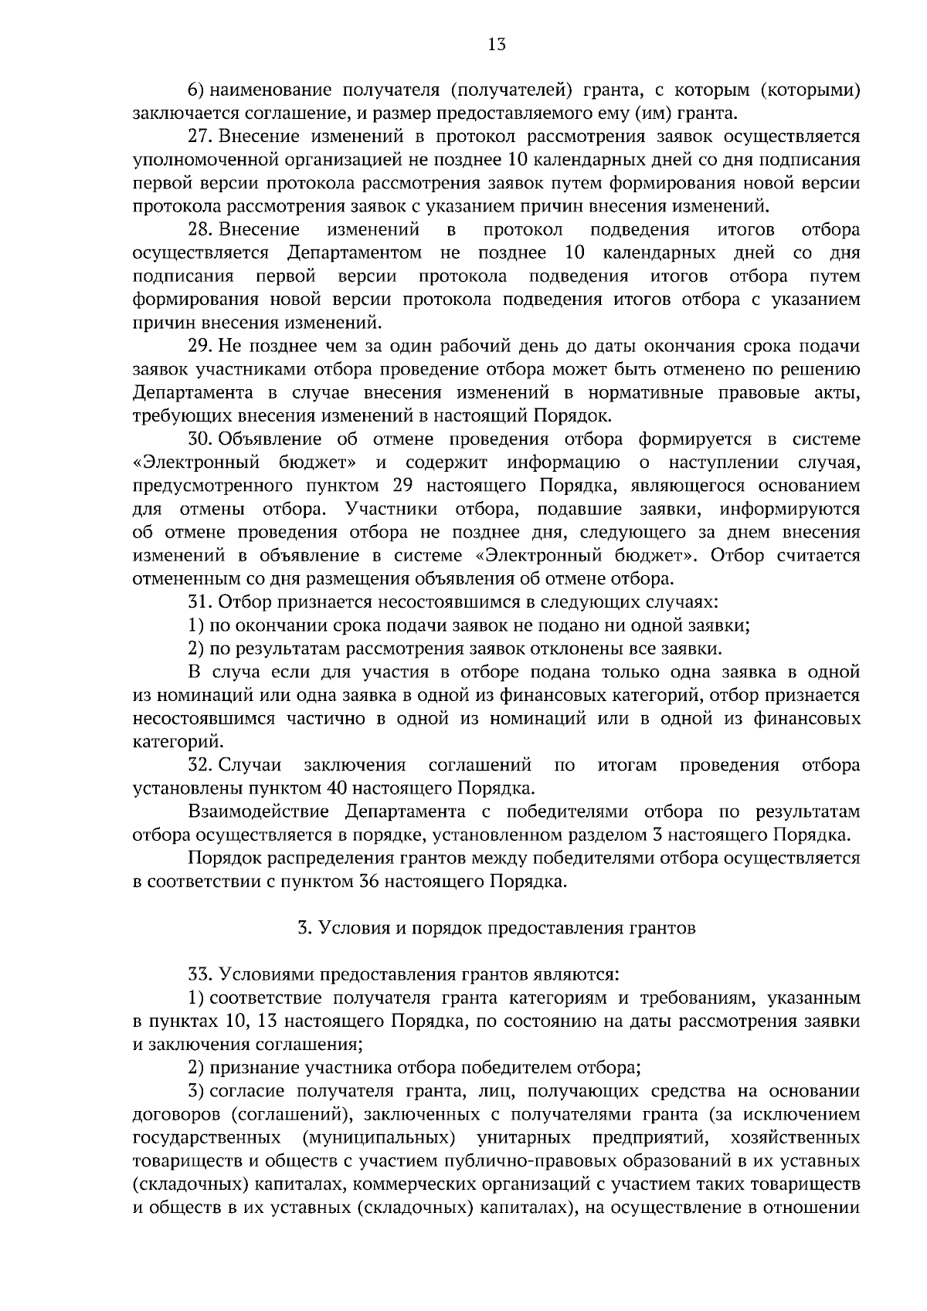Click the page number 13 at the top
[497, 45]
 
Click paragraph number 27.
[200, 137]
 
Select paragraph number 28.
[200, 230]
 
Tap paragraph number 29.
[200, 346]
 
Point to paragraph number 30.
[200, 439]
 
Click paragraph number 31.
[199, 601]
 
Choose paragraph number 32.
[200, 765]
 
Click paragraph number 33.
[199, 974]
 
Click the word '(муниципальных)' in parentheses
[375, 1138]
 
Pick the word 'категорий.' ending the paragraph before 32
[168, 742]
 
